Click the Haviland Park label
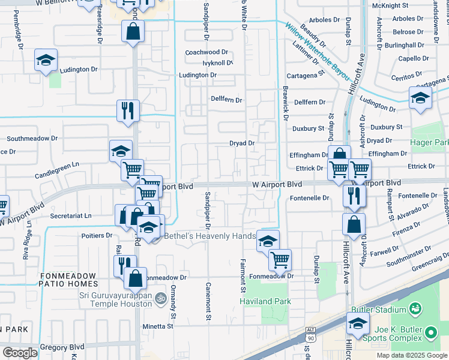(265, 301)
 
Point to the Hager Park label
(430, 142)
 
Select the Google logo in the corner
(20, 353)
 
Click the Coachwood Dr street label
(207, 52)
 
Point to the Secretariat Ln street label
(71, 215)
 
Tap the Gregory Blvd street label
(62, 347)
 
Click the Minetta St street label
(157, 326)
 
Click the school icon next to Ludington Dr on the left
(46, 61)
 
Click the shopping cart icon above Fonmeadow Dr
(280, 259)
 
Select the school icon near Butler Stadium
(358, 324)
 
